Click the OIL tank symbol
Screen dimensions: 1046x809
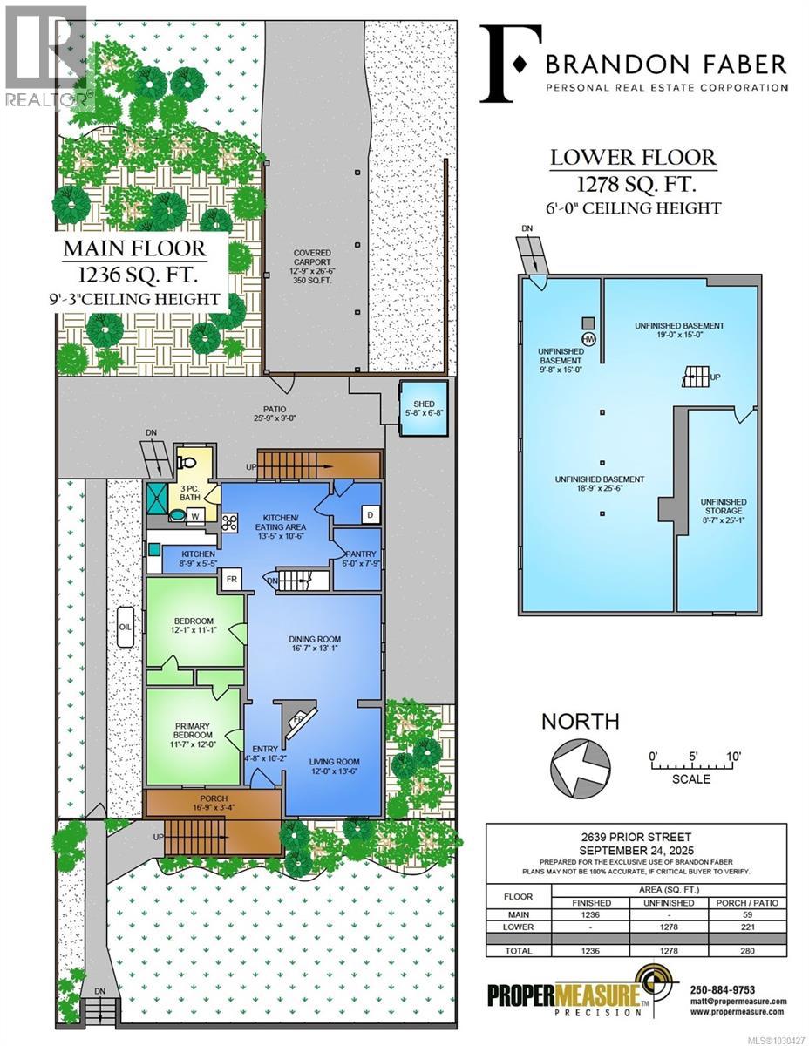(x=124, y=626)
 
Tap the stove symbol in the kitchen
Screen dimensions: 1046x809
(x=231, y=523)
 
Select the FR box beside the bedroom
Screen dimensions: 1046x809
(x=232, y=579)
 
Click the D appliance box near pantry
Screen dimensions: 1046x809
(x=369, y=515)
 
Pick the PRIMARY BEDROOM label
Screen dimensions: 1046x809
(x=193, y=729)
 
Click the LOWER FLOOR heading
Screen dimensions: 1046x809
(x=633, y=159)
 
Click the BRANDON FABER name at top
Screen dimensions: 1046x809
(x=666, y=64)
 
